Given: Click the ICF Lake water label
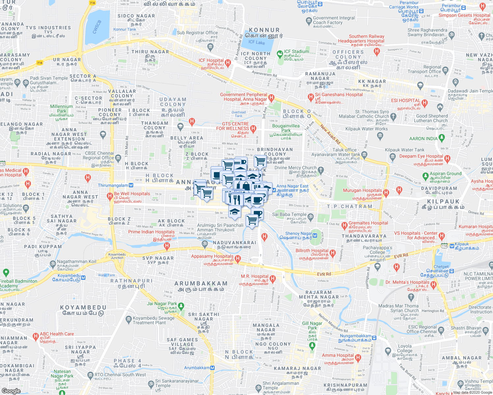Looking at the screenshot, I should click(256, 42).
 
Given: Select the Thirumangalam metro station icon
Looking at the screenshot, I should click(131, 185).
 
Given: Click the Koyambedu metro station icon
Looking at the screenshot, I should click(83, 277).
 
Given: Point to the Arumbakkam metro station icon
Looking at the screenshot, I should click(213, 368).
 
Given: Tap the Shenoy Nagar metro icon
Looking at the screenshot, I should click(315, 235).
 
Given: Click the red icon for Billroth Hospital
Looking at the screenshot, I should click(333, 252).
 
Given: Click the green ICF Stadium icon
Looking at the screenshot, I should click(280, 53).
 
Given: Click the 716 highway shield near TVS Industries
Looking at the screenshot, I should click(40, 63).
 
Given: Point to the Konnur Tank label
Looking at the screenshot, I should click(125, 29).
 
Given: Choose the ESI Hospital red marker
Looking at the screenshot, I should click(424, 103).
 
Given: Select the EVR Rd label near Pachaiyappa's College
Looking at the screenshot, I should click(401, 255).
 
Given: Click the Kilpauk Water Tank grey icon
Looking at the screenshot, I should click(392, 156).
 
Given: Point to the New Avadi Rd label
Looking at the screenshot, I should click(330, 134).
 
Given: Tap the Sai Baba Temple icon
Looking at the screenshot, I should click(310, 216).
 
